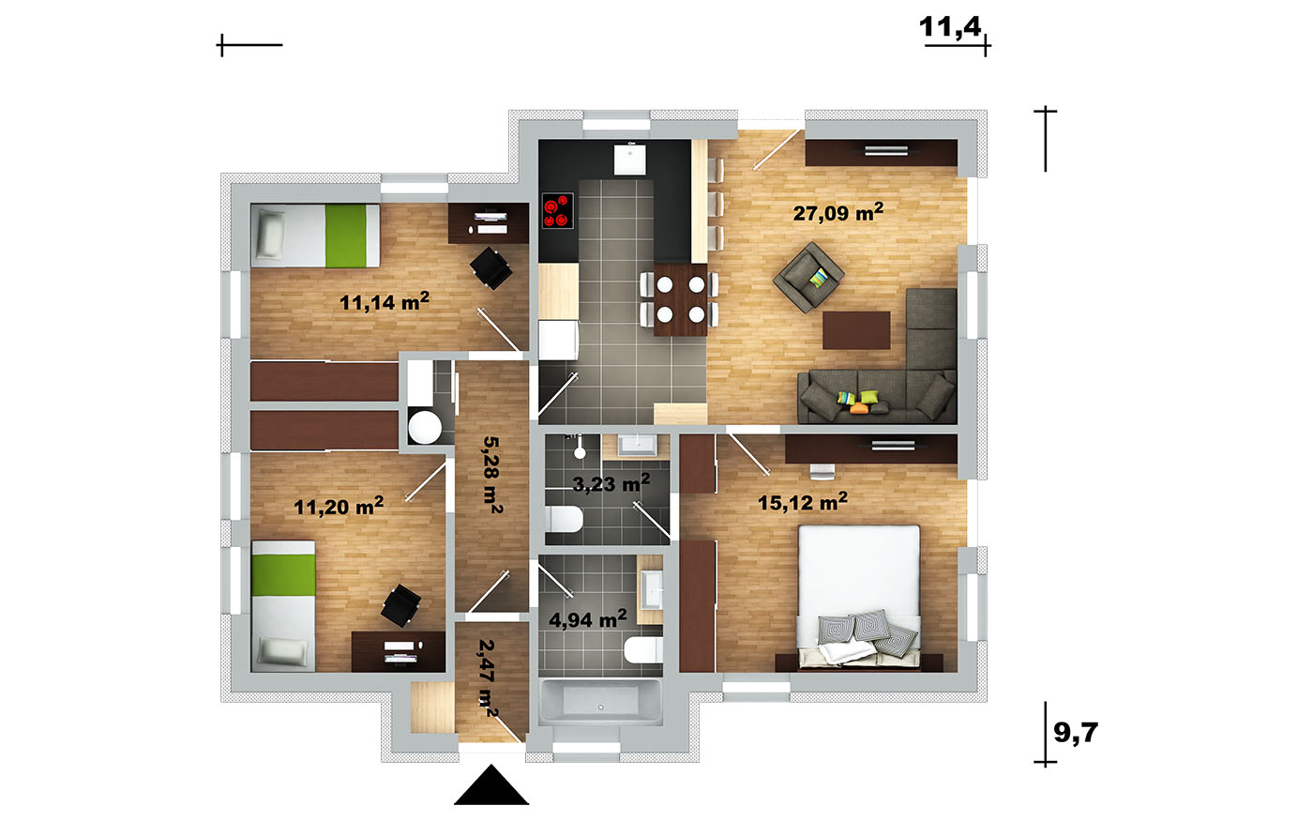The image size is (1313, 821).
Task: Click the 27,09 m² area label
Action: [x=838, y=212]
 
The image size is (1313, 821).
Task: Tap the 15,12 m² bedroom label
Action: [x=803, y=501]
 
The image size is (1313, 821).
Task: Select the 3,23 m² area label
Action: [x=611, y=483]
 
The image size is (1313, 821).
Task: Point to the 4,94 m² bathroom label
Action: [x=588, y=618]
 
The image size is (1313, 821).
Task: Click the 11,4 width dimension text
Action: [x=950, y=27]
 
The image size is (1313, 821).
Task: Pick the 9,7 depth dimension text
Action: [x=1076, y=733]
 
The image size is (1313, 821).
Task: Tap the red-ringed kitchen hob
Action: [x=557, y=210]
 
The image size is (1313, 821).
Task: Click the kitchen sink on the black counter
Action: [x=630, y=160]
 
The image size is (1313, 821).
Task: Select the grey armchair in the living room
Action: [x=808, y=277]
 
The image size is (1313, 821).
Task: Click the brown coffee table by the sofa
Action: [x=856, y=330]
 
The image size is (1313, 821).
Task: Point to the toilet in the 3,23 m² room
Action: [x=564, y=519]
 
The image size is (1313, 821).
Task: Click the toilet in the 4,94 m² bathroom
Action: [x=643, y=649]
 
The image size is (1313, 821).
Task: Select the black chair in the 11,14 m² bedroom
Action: [x=491, y=268]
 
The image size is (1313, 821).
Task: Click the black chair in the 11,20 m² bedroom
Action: [x=401, y=605]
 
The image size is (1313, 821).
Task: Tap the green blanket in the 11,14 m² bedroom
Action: [x=346, y=236]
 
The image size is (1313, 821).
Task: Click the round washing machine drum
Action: [x=425, y=427]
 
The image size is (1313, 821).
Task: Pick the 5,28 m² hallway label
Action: [x=491, y=475]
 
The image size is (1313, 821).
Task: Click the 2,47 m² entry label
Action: [x=488, y=677]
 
